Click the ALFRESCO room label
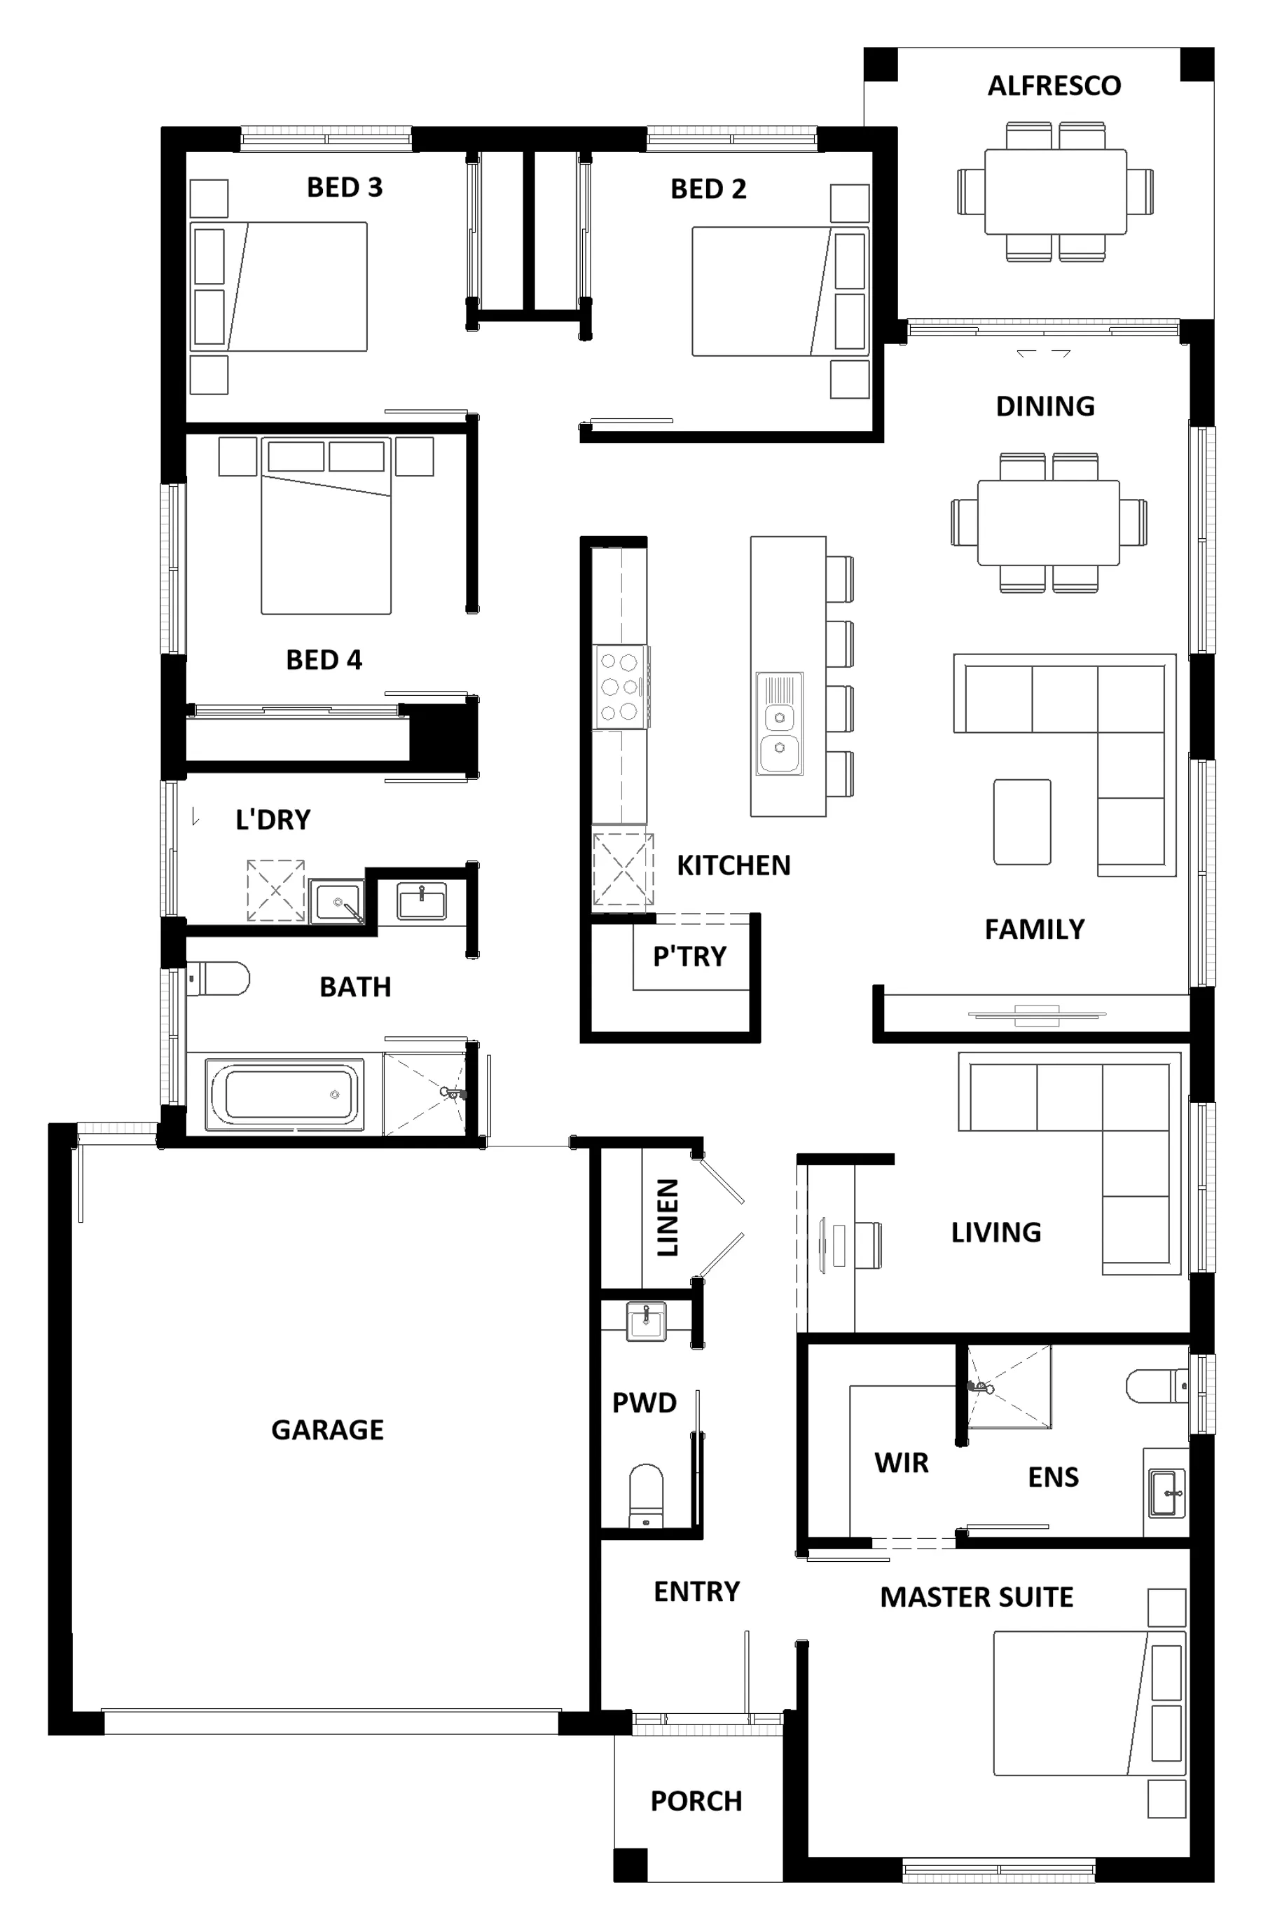(x=1054, y=86)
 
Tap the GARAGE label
(x=327, y=1429)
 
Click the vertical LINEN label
(x=667, y=1217)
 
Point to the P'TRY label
(x=689, y=956)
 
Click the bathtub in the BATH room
(x=284, y=1094)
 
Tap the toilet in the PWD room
(x=646, y=1496)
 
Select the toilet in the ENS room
(x=1157, y=1385)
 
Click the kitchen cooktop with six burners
(x=620, y=687)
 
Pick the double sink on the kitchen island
(x=780, y=723)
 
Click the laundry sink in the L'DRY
(x=336, y=901)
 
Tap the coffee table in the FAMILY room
(x=1022, y=822)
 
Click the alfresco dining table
(x=1055, y=191)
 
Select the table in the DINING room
(x=1048, y=523)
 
